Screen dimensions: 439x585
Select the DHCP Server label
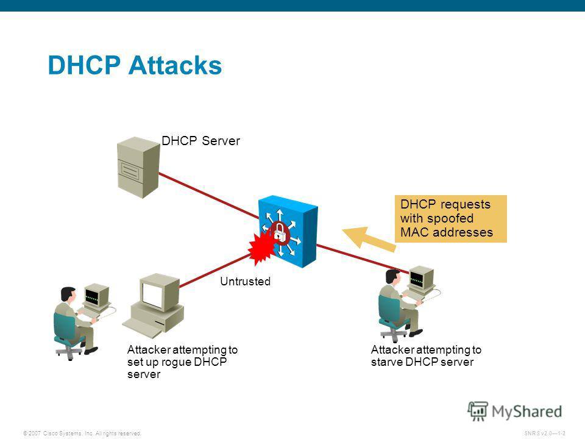click(x=202, y=141)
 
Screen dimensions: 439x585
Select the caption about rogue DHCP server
click(x=182, y=362)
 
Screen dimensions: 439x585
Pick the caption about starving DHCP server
click(x=425, y=356)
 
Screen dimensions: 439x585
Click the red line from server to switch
click(x=207, y=190)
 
